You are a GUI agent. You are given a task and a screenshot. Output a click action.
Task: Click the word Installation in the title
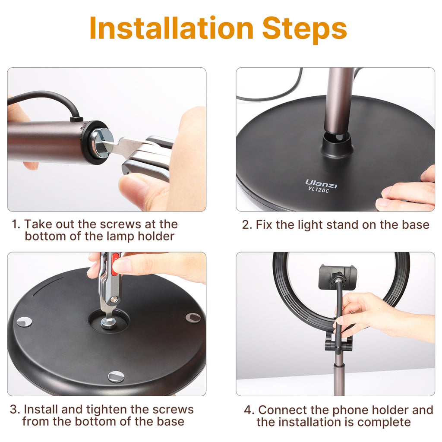pyautogui.click(x=171, y=28)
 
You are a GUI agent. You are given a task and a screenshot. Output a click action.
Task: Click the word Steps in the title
pyautogui.click(x=304, y=30)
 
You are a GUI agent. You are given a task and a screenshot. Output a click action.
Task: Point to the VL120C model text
pyautogui.click(x=319, y=190)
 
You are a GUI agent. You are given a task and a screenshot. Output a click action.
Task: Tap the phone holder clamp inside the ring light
pyautogui.click(x=338, y=277)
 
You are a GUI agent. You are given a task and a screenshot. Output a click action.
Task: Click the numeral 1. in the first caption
pyautogui.click(x=16, y=224)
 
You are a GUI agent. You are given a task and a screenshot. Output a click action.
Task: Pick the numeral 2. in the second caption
pyautogui.click(x=246, y=225)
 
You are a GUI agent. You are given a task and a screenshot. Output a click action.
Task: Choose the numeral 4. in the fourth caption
pyautogui.click(x=249, y=410)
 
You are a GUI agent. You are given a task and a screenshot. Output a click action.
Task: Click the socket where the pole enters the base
pyautogui.click(x=338, y=144)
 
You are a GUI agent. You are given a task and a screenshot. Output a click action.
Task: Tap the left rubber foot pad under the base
pyautogui.click(x=24, y=322)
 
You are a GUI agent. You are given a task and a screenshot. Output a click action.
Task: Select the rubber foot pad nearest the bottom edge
pyautogui.click(x=116, y=377)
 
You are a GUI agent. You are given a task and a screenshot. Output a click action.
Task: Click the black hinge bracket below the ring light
pyautogui.click(x=338, y=342)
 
